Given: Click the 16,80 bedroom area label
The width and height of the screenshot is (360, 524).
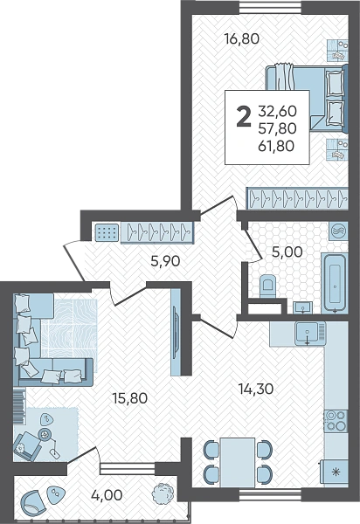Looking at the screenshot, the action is pos(242,39).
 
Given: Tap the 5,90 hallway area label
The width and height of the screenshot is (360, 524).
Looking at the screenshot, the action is pos(165,261).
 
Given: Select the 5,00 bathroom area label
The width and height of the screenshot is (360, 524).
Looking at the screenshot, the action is pos(287,252).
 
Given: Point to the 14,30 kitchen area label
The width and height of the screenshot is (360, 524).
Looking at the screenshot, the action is pos(256,389).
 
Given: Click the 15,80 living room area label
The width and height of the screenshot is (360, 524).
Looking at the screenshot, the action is pos(129,398).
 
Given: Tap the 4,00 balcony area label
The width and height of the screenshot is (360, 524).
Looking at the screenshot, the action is pos(107,495).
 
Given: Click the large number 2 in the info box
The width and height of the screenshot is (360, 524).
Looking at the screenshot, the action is pos(243,117).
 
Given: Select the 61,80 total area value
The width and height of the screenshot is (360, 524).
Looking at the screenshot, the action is pos(276,146).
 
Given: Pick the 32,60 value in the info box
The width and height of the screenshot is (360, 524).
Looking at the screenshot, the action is pos(278,111).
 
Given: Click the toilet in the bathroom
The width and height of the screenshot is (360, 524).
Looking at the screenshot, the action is pos(267,286).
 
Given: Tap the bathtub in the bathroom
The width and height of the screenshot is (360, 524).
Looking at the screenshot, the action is pos(335,283).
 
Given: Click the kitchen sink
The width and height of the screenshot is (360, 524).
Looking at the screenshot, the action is pos(310,334).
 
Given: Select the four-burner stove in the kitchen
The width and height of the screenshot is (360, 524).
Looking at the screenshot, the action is pos(336,421).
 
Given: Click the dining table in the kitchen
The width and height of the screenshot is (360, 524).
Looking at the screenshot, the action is pos(238,463).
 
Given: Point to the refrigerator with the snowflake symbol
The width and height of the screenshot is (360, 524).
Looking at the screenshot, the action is pos(335,472).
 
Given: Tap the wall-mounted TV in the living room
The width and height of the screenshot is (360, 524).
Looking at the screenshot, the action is pos(176,332).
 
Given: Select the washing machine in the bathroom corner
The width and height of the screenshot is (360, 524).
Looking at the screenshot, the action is pos(338,231).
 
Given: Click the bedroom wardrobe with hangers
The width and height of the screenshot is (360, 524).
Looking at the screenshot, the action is pos(297,198).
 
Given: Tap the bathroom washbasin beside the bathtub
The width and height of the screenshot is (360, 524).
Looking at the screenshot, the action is pos(303,307).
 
